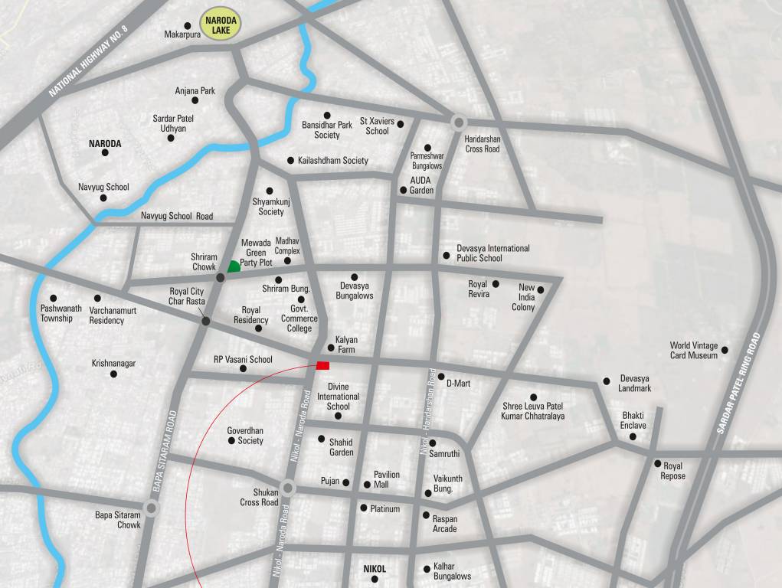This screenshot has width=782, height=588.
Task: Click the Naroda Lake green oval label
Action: [221, 25]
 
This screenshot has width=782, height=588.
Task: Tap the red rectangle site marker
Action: [322, 365]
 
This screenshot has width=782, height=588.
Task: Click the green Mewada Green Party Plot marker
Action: [234, 266]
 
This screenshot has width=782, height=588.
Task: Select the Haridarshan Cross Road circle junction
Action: [459, 122]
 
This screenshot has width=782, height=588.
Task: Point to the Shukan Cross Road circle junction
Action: [288, 487]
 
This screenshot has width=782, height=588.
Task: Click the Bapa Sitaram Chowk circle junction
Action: [152, 507]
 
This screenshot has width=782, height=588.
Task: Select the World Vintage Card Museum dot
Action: [725, 350]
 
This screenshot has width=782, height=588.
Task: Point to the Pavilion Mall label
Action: [386, 479]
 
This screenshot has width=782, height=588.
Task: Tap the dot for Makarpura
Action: [188, 26]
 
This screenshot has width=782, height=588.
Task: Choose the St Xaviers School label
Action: [377, 126]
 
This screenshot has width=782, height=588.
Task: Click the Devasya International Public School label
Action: [492, 253]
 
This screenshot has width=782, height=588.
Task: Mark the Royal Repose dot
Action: [657, 463]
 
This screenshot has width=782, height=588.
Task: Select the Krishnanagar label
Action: [113, 364]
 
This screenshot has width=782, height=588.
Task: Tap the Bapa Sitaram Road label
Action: [163, 451]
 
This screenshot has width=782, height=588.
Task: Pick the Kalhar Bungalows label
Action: [452, 570]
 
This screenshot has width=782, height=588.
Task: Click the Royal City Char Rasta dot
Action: [205, 321]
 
